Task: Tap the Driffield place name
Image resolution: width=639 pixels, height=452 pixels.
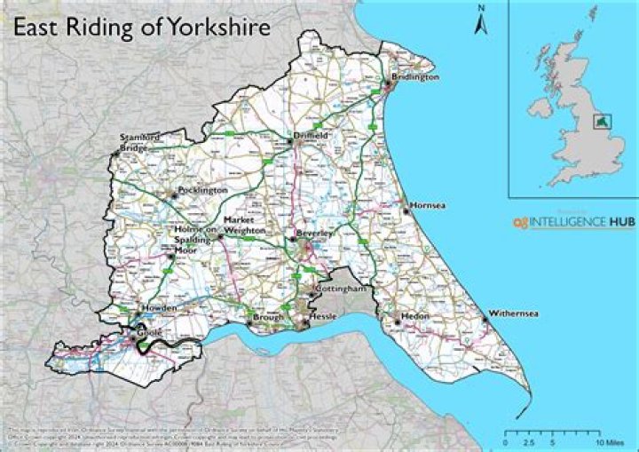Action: [x=312, y=135]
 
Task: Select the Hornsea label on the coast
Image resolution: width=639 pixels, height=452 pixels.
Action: [x=429, y=206]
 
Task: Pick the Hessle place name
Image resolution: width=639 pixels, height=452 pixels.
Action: [x=323, y=316]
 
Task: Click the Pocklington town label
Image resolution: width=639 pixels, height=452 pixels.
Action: [x=203, y=190]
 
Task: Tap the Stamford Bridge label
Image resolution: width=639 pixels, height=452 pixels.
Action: [x=141, y=142]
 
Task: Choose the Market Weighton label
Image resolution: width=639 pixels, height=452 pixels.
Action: [x=244, y=225]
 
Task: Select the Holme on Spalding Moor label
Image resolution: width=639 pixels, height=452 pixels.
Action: [x=194, y=240]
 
